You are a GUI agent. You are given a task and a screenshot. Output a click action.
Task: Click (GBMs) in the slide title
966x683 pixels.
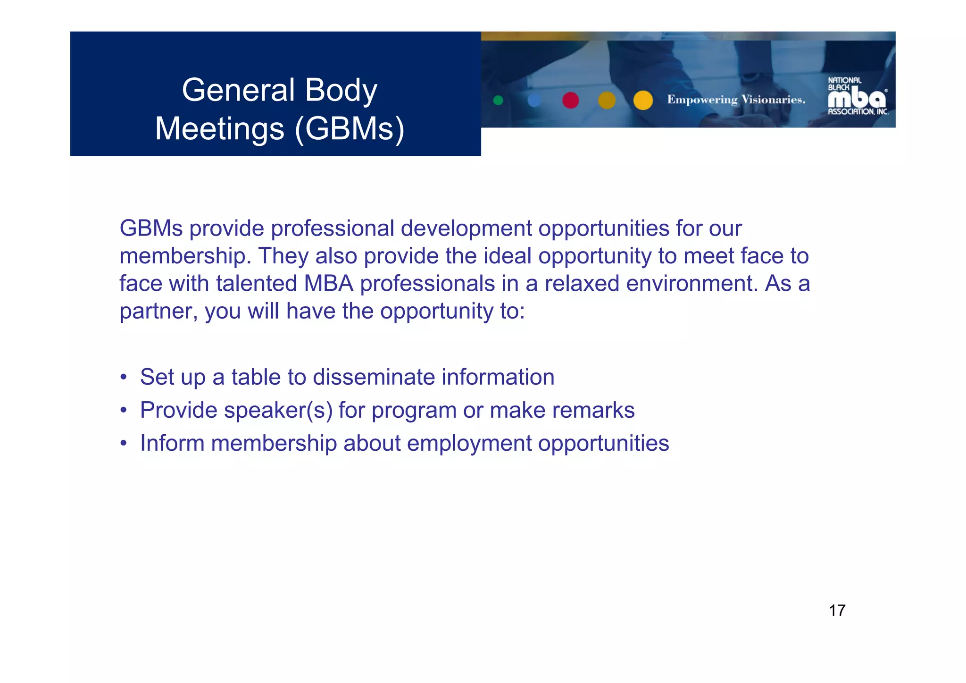coord(350,129)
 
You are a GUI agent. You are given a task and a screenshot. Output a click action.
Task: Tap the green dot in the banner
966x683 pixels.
coord(498,100)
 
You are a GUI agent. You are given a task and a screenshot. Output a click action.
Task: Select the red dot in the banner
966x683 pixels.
coord(570,100)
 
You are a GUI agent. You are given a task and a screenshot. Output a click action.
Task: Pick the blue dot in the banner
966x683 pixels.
coord(534,100)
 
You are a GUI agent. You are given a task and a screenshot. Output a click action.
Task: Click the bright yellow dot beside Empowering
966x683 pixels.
coord(643,100)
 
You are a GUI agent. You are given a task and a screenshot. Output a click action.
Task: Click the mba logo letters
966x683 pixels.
coord(857,98)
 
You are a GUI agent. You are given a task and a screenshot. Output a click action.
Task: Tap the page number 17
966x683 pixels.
coord(837,610)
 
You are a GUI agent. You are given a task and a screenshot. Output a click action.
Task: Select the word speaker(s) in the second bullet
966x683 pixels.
coord(278,410)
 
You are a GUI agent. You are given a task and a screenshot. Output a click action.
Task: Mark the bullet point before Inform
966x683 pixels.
coord(123,444)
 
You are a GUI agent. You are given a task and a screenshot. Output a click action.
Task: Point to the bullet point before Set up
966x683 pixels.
coord(123,378)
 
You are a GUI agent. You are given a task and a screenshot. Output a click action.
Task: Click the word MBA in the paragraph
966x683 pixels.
coord(328,284)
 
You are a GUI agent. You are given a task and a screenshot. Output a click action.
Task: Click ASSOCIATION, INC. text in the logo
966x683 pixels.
coord(858,112)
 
